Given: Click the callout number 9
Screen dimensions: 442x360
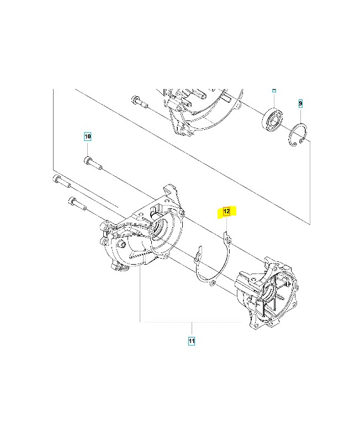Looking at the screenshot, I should pyautogui.click(x=300, y=103).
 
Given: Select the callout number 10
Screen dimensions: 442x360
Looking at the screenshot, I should pyautogui.click(x=87, y=136).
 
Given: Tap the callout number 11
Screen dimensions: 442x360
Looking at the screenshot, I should pyautogui.click(x=192, y=341).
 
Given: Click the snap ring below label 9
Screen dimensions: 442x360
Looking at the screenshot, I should pyautogui.click(x=300, y=136).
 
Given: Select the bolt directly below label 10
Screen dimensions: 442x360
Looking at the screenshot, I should pyautogui.click(x=92, y=162).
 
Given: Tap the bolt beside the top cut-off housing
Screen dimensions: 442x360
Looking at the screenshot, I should pyautogui.click(x=140, y=101).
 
